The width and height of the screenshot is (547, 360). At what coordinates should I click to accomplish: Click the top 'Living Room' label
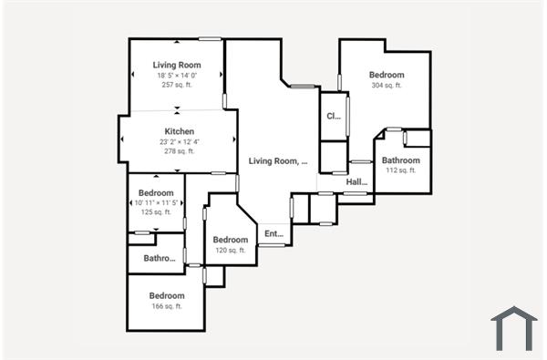[177, 65]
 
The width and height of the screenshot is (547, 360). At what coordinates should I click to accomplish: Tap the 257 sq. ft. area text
[177, 85]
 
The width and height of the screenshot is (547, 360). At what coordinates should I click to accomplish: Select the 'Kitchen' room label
[179, 131]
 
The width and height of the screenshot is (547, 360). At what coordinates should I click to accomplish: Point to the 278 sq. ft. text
[179, 151]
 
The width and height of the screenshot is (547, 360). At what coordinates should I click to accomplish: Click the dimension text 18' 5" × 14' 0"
[177, 76]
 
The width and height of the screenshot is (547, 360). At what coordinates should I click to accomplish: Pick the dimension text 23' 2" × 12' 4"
[179, 141]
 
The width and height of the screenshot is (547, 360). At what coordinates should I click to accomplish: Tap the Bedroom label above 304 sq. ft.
[387, 75]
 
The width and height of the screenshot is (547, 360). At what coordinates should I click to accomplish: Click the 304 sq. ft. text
[387, 85]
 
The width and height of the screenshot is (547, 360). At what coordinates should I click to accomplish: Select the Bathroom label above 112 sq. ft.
[400, 160]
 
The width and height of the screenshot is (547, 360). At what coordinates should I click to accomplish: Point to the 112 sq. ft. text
[400, 170]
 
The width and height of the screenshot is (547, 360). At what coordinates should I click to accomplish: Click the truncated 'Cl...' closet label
[334, 116]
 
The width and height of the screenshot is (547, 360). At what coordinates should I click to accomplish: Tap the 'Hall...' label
[356, 182]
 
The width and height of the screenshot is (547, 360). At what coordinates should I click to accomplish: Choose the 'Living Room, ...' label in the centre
[278, 161]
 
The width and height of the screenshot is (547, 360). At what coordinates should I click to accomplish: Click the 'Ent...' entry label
[273, 234]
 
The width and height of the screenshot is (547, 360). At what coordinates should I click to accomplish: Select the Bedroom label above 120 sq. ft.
[230, 240]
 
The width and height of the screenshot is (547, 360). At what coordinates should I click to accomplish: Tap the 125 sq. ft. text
[156, 212]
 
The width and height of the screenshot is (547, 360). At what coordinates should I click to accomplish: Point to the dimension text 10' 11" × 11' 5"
[156, 202]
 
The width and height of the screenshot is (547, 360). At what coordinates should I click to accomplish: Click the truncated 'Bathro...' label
[160, 259]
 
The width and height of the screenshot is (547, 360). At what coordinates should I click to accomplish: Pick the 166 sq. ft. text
[167, 306]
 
